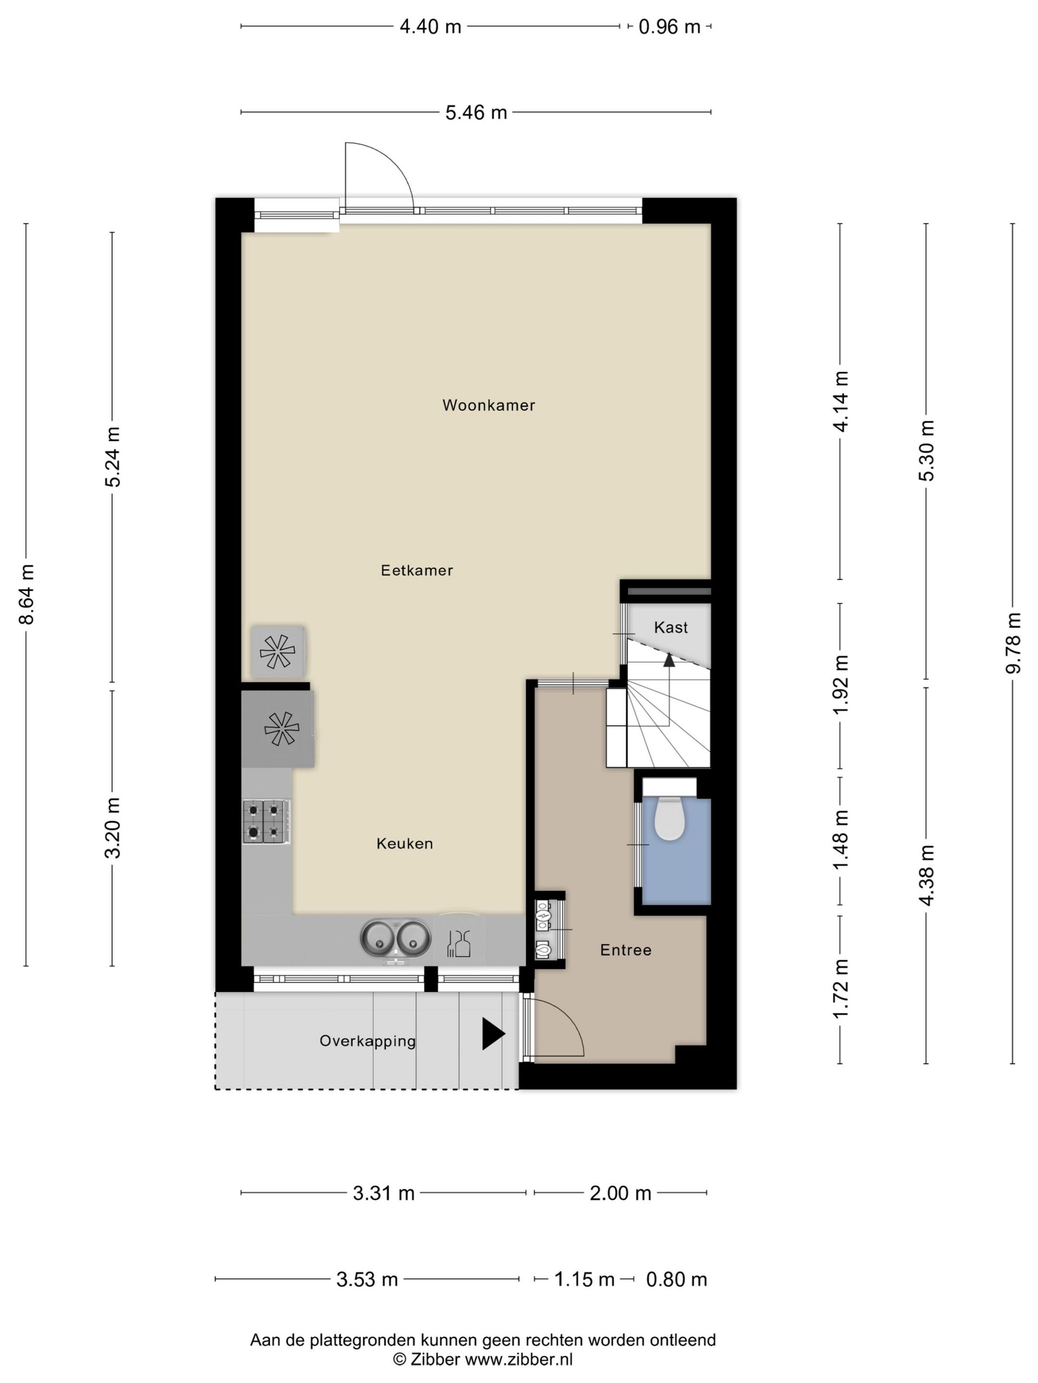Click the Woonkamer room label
[488, 405]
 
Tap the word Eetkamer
[417, 570]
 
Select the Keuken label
[404, 843]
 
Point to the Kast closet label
[671, 627]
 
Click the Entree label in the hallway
[626, 950]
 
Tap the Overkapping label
[367, 1041]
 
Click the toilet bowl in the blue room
[669, 820]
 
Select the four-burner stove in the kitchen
[266, 821]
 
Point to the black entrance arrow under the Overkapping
[492, 1033]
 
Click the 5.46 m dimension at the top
[476, 112]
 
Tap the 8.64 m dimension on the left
[26, 594]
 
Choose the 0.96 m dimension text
[669, 27]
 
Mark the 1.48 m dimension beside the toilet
[840, 839]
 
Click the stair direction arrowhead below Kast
[669, 660]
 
